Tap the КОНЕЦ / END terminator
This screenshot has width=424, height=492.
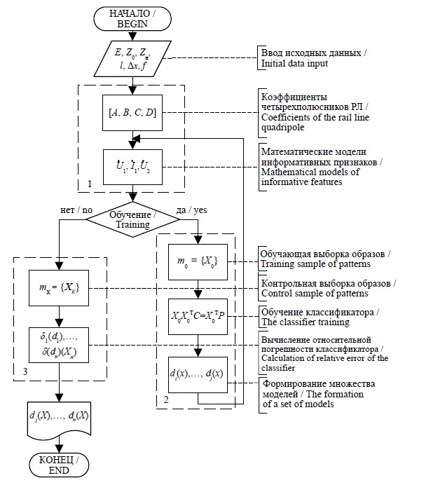coord(60,464)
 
